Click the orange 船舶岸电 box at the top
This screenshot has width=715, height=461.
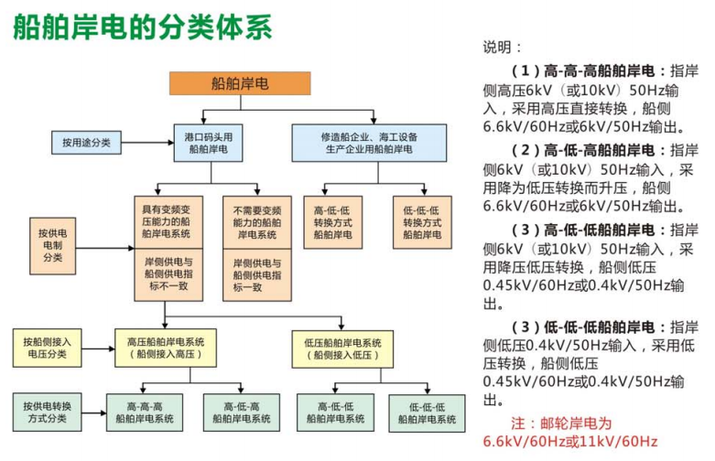click(240, 83)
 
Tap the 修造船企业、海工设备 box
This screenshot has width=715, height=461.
click(368, 142)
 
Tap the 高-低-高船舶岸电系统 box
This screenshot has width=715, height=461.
click(242, 413)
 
